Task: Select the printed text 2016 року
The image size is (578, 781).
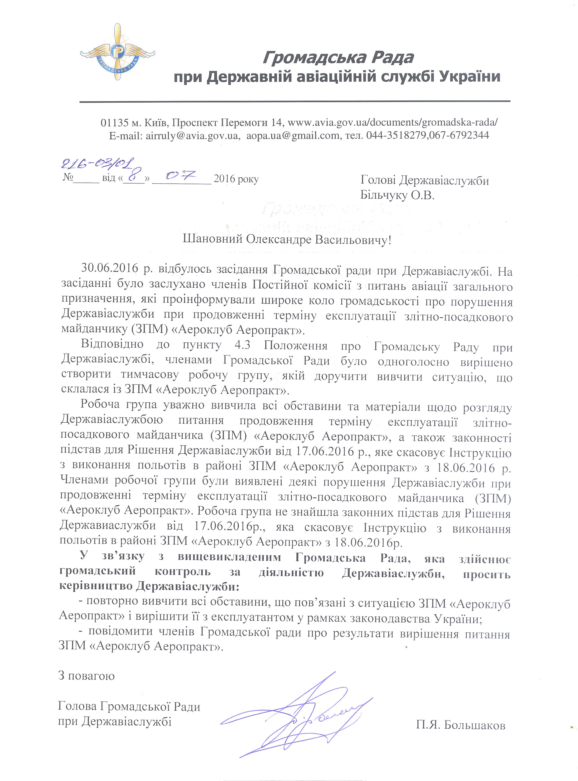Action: point(236,179)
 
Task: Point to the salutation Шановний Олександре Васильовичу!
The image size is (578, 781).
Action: point(287,240)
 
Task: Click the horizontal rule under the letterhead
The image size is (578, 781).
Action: point(295,101)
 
